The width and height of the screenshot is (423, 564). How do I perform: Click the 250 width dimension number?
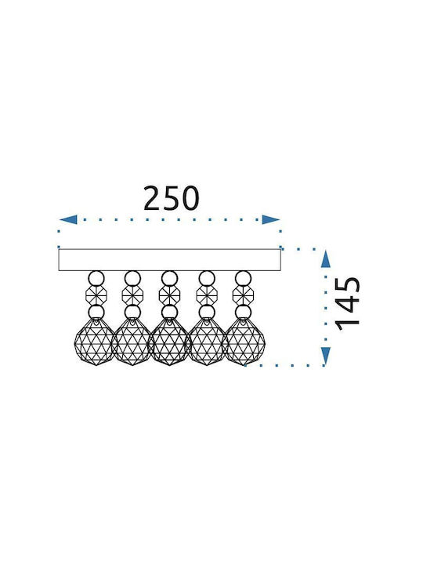tap(172, 198)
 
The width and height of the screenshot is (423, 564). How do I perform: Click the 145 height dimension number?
tap(348, 304)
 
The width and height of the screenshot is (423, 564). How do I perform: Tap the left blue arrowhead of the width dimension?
tap(68, 219)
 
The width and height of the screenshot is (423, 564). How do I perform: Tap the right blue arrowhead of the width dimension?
tap(271, 219)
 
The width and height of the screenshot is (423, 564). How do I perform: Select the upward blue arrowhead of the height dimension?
tap(326, 259)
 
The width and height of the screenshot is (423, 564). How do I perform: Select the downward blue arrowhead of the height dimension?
tap(326, 356)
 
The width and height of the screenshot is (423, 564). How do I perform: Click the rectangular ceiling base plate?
tap(169, 260)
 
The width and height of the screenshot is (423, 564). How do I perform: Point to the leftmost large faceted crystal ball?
tap(95, 342)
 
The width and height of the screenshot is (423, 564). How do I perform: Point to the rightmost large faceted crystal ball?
tap(244, 342)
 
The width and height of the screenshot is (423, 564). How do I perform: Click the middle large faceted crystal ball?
tap(169, 342)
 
